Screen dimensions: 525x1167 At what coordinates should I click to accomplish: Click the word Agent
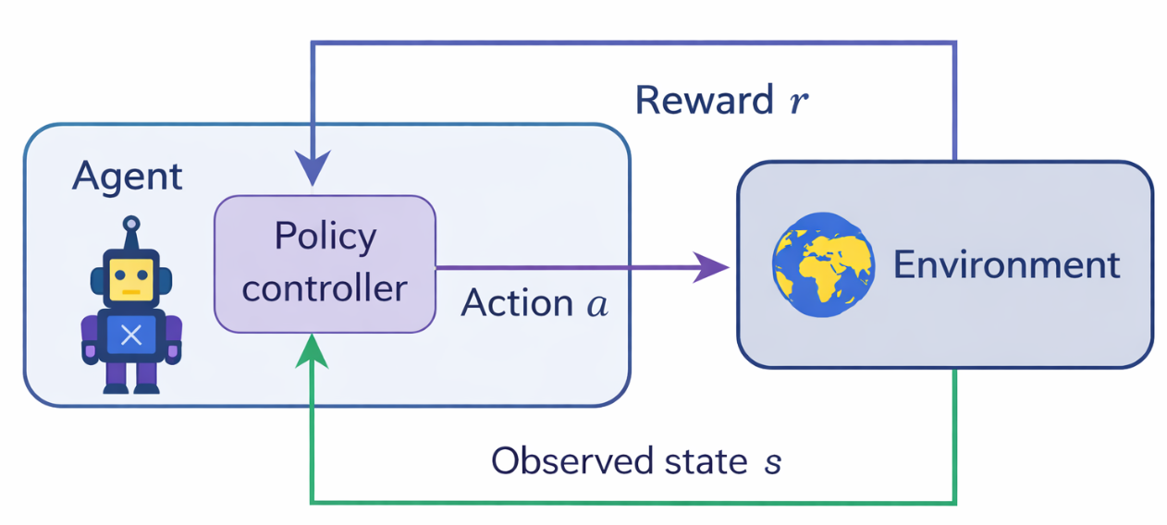tap(128, 176)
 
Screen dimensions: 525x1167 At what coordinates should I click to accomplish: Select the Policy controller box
tap(325, 263)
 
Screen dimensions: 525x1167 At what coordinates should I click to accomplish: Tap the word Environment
tap(1006, 265)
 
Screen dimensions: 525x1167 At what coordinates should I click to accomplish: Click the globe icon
tap(823, 264)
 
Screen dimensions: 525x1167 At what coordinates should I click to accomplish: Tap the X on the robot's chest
tap(131, 336)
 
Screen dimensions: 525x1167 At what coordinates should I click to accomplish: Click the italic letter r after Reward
tap(798, 102)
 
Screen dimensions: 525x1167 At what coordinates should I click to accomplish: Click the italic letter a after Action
tap(597, 304)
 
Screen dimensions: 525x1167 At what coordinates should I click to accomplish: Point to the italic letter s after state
tap(772, 461)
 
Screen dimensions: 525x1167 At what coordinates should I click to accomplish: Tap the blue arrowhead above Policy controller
tap(313, 171)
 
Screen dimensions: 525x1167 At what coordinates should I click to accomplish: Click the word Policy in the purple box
tap(325, 238)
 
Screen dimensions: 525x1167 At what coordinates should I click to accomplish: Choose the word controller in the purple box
tap(325, 288)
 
